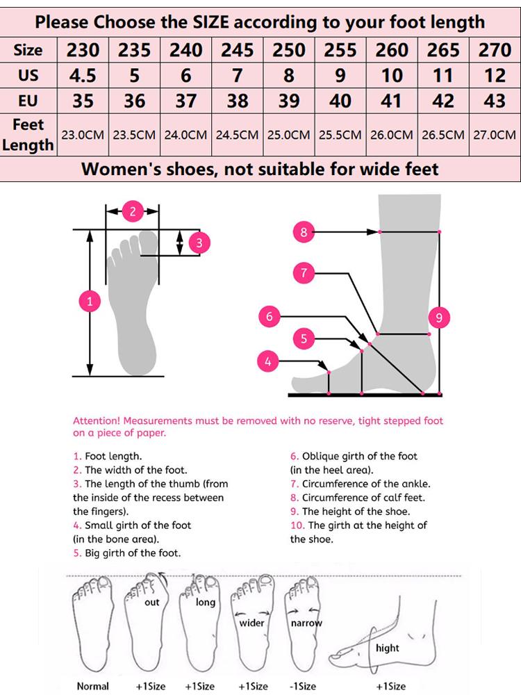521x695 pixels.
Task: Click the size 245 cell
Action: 238,50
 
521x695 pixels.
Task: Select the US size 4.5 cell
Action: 83,75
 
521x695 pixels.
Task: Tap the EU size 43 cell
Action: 494,101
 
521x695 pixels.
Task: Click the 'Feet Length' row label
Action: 28,135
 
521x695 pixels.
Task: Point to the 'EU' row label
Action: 28,101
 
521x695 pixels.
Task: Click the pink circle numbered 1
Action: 90,302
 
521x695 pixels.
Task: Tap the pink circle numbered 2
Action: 133,212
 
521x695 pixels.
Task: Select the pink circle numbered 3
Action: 199,243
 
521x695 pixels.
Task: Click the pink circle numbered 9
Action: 438,318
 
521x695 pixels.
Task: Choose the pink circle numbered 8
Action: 304,232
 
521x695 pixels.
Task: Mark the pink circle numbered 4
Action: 268,361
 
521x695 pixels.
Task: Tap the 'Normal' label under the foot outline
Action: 92,686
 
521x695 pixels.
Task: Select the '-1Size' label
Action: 303,686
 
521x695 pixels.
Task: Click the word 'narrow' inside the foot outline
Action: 306,623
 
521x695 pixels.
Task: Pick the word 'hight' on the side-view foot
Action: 387,648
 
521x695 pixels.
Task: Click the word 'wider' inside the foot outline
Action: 251,623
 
